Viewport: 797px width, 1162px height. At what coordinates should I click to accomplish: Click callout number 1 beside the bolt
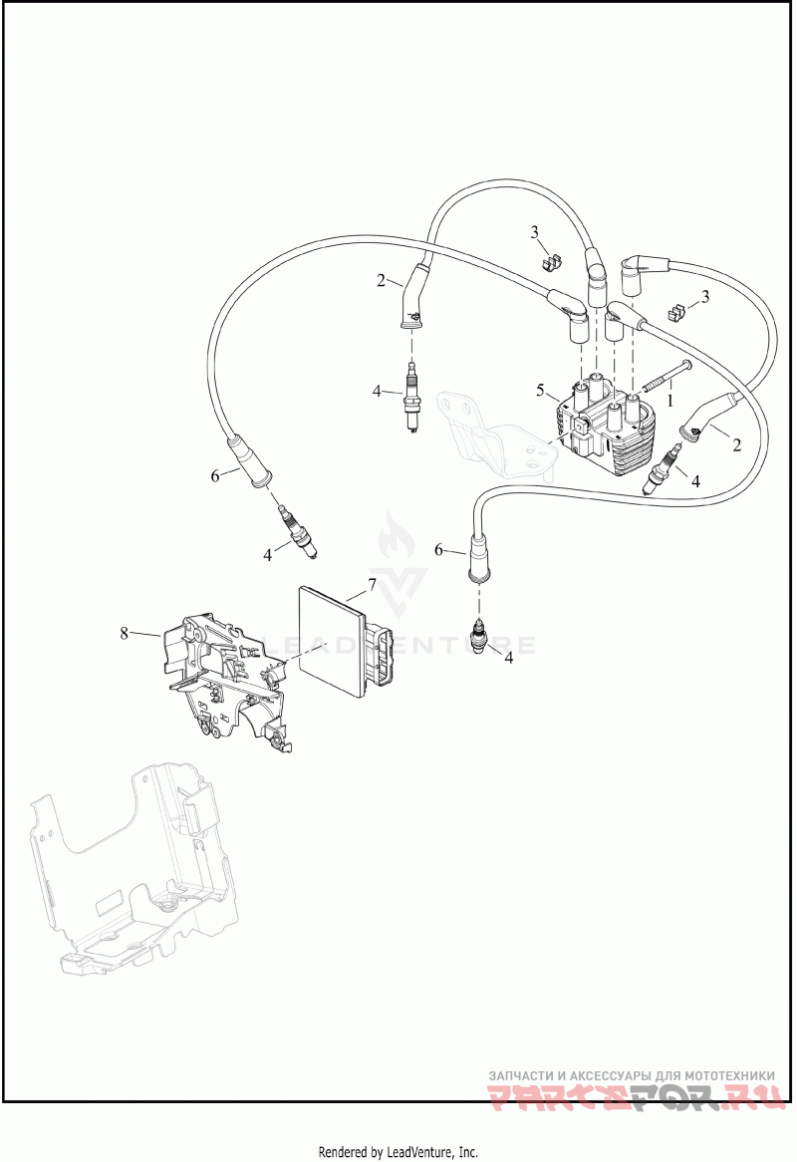pos(670,399)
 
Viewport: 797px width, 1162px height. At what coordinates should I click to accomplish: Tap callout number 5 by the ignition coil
pos(540,389)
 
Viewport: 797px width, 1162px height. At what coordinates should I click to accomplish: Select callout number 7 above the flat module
pos(372,582)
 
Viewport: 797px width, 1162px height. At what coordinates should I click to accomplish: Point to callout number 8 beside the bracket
pos(125,633)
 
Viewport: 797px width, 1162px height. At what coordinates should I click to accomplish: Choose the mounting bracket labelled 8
pos(224,678)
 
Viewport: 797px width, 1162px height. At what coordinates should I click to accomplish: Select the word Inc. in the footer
pos(467,1152)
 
